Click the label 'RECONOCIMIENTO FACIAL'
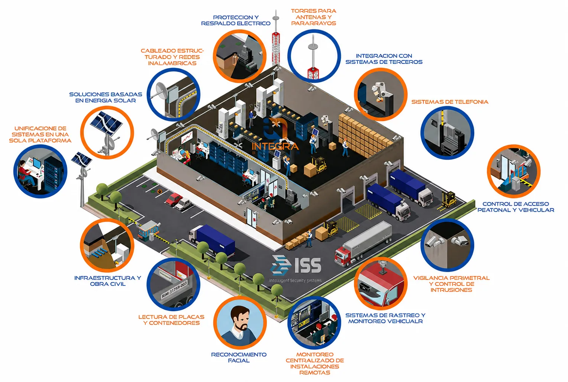239,357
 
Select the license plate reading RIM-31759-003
174,289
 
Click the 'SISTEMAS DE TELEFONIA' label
449,102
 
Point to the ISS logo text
308,265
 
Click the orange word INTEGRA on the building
275,146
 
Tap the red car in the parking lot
174,199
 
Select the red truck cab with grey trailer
363,244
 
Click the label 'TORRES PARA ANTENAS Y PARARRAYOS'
314,17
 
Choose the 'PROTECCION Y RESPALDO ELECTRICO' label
236,20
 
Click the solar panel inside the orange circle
106,123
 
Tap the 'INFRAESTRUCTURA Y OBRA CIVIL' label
108,281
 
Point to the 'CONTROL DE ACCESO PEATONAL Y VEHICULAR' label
516,207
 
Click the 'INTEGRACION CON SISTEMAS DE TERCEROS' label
384,59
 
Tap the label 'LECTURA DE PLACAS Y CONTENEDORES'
171,320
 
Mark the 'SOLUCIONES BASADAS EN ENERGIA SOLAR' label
106,97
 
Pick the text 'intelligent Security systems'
295,280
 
